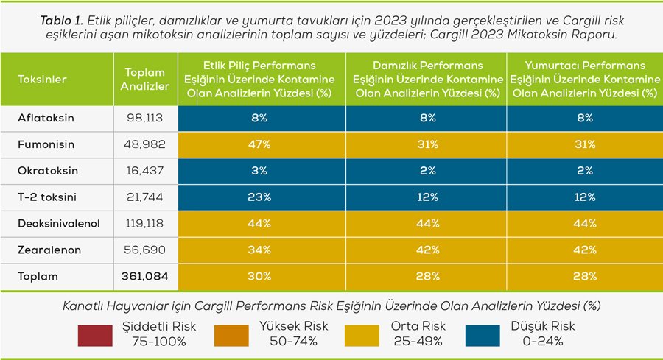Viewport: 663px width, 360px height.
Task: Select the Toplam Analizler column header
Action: pyautogui.click(x=144, y=80)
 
